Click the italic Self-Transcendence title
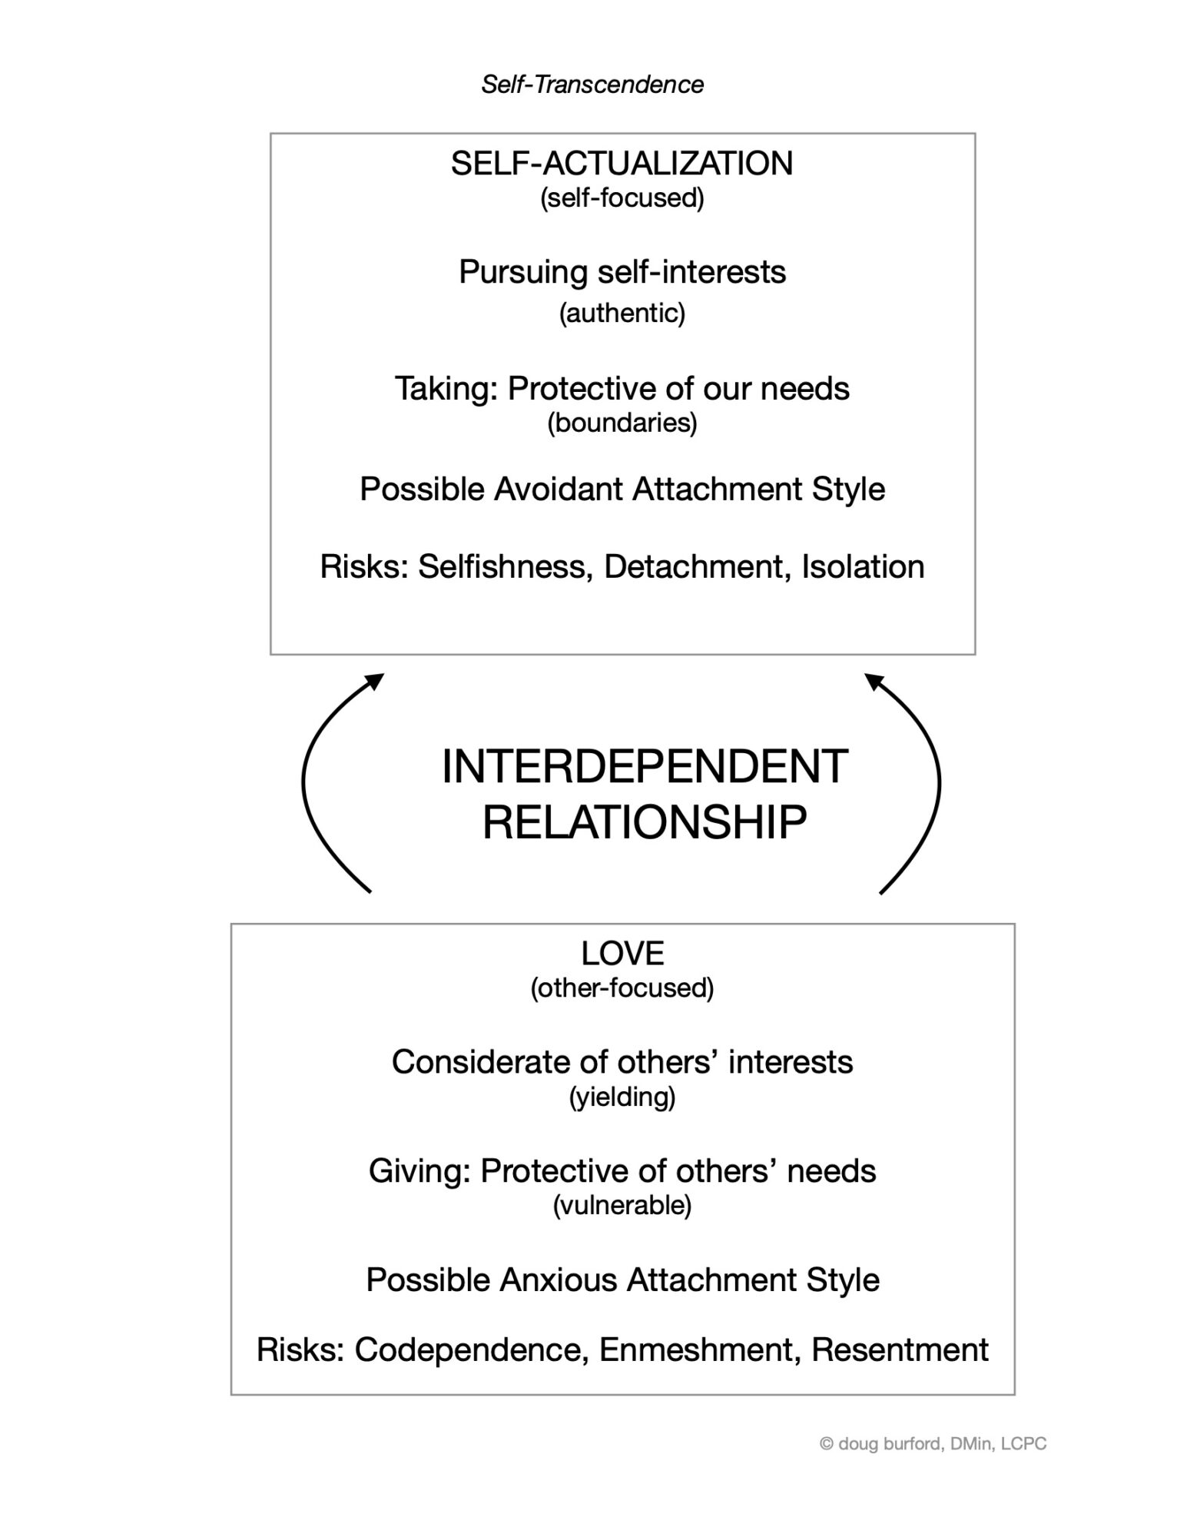tap(592, 85)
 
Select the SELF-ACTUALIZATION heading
tap(622, 164)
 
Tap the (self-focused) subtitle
tap(622, 198)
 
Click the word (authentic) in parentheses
tap(622, 313)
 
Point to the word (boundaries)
tap(622, 423)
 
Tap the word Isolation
tap(862, 567)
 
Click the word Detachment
tap(697, 567)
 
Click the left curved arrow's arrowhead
tap(376, 680)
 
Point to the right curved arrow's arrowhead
tap(872, 680)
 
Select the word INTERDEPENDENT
tap(644, 767)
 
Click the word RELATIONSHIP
tap(644, 822)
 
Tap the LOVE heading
tap(622, 954)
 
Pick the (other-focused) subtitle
tap(622, 988)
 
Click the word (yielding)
tap(622, 1097)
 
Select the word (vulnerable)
tap(622, 1206)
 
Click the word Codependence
tap(471, 1349)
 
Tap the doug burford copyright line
tap(933, 1444)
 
